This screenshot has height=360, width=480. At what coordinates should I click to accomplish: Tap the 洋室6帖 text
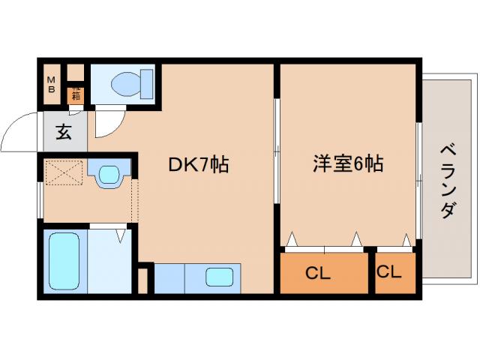347,164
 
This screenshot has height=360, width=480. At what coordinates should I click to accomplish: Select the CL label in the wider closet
318,274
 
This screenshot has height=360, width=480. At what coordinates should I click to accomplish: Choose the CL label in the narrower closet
389,273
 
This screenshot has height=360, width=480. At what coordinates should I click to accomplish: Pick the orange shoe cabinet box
75,94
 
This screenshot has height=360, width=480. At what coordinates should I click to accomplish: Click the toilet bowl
132,83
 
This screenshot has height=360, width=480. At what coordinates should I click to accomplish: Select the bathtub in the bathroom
64,262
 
